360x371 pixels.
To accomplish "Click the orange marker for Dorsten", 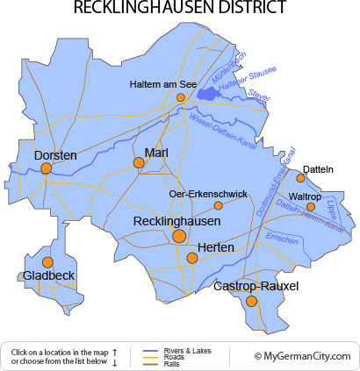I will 46,168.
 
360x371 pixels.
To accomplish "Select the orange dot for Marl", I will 138,162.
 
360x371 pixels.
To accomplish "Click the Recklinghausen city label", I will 176,222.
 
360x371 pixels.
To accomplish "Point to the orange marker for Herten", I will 192,258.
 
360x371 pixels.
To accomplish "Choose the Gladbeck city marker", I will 47,262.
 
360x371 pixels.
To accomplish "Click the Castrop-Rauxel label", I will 256,286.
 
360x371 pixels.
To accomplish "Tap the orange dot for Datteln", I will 301,178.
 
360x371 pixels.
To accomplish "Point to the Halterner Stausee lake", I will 208,91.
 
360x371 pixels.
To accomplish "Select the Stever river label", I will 257,94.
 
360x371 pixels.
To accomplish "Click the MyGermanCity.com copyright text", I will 302,356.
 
